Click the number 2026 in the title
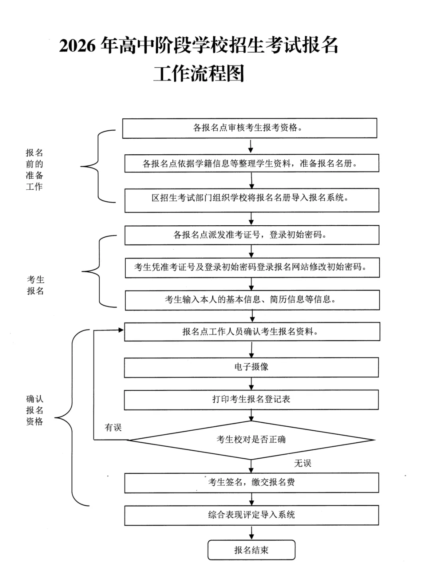pyautogui.click(x=78, y=46)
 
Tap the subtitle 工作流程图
pyautogui.click(x=198, y=73)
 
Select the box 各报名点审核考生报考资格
pyautogui.click(x=249, y=128)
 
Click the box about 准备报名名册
pyautogui.click(x=251, y=163)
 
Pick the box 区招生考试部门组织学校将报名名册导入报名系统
pyautogui.click(x=251, y=200)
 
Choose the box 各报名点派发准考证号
pyautogui.click(x=251, y=235)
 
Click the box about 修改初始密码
pyautogui.click(x=251, y=267)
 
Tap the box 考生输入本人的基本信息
pyautogui.click(x=251, y=300)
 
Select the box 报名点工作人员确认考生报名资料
pyautogui.click(x=251, y=332)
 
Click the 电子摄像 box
pyautogui.click(x=251, y=367)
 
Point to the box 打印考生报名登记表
pyautogui.click(x=251, y=400)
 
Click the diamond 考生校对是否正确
pyautogui.click(x=251, y=440)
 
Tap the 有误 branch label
pyautogui.click(x=113, y=427)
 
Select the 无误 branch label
pyautogui.click(x=302, y=463)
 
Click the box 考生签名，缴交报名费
pyautogui.click(x=251, y=482)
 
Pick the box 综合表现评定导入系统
pyautogui.click(x=251, y=515)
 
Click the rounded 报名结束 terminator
pyautogui.click(x=251, y=550)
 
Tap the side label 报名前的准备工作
pyautogui.click(x=34, y=169)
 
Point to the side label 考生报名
pyautogui.click(x=36, y=285)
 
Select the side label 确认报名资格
pyautogui.click(x=34, y=410)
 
